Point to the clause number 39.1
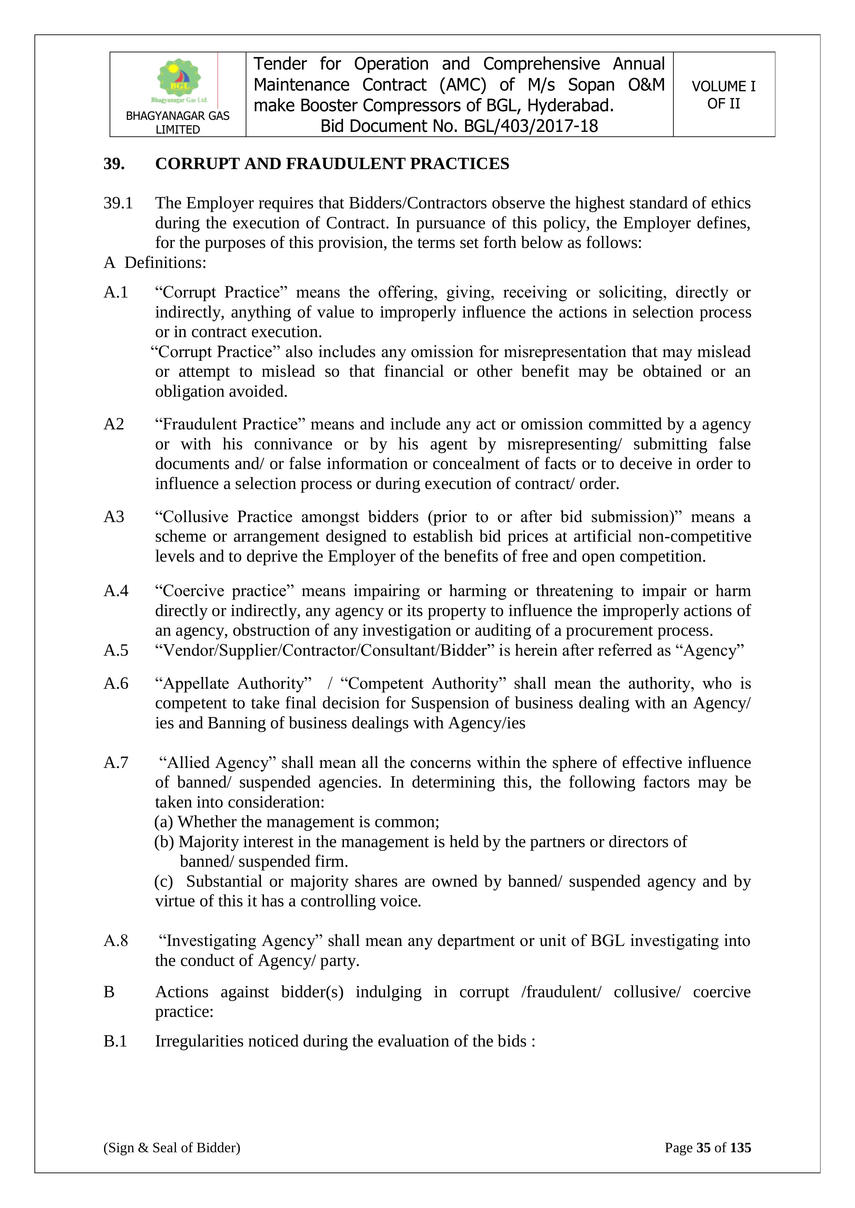[x=118, y=203]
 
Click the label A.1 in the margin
[x=116, y=292]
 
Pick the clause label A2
[x=114, y=424]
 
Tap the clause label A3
[x=114, y=517]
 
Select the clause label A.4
[x=116, y=591]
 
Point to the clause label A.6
[x=116, y=684]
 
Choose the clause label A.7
[x=116, y=762]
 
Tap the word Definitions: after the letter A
[x=165, y=262]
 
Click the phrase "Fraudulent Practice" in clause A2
[x=231, y=424]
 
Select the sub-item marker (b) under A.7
[x=164, y=842]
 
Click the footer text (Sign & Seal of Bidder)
[x=172, y=1147]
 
